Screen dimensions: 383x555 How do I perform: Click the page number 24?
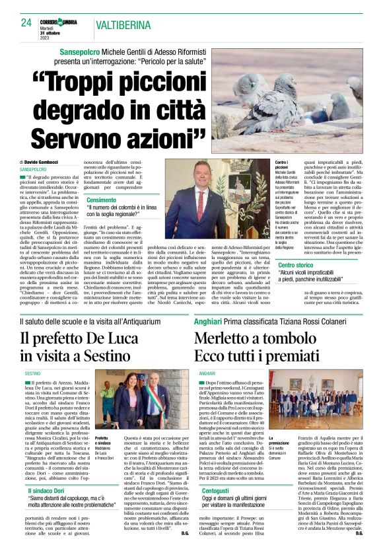[26, 22]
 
